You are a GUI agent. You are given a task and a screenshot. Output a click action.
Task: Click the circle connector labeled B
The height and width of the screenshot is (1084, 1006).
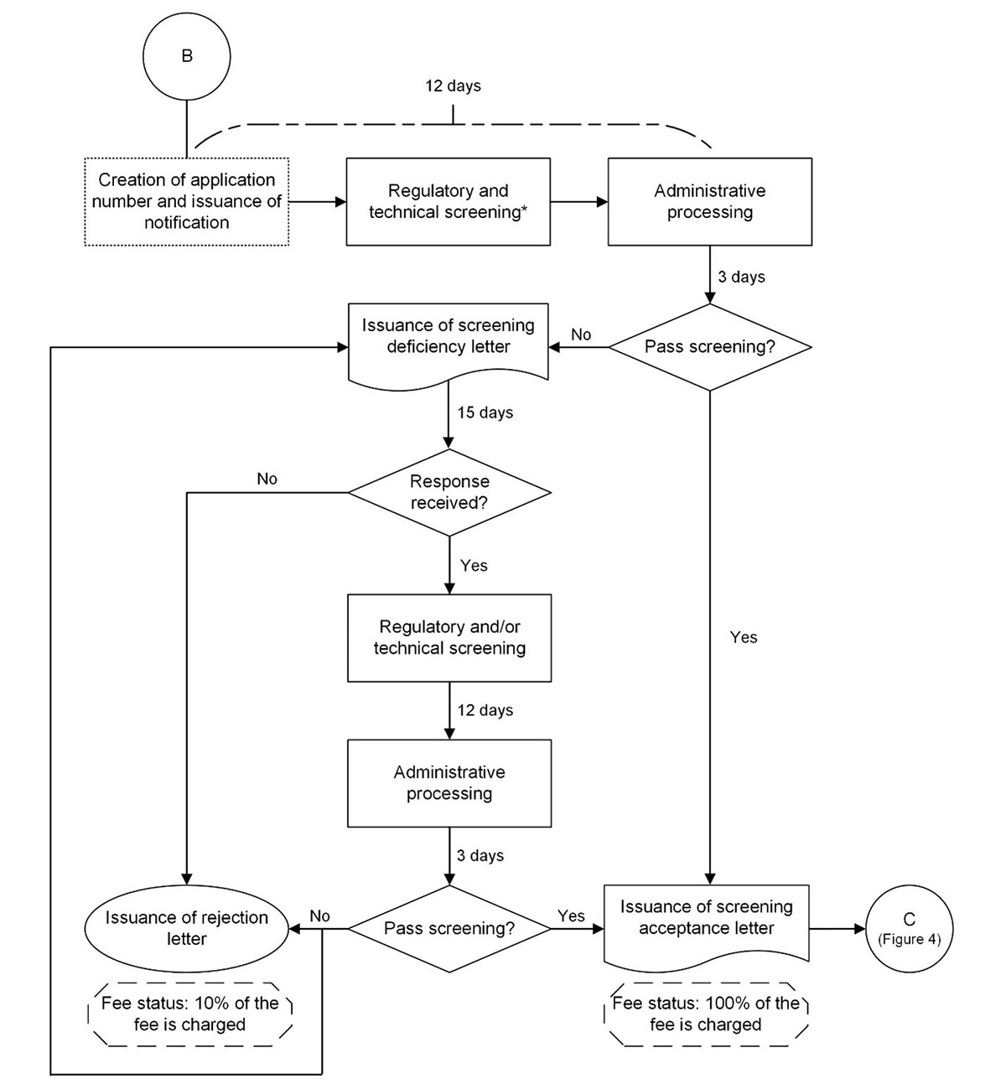click(186, 56)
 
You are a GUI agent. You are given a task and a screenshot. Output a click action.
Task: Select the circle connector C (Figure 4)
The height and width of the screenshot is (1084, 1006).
click(909, 929)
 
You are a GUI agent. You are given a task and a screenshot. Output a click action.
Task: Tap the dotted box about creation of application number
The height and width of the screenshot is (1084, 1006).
click(186, 201)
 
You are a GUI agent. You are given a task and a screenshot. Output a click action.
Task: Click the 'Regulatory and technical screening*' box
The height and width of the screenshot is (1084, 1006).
click(448, 201)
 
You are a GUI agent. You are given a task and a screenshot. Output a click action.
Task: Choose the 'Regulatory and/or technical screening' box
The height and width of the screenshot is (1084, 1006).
click(449, 637)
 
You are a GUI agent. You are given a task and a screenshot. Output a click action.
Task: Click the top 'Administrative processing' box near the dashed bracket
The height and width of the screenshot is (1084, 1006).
click(709, 201)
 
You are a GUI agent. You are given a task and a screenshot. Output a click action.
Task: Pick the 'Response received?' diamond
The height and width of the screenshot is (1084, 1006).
click(449, 492)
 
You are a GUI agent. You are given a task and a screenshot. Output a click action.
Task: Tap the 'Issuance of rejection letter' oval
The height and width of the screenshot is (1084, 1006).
click(186, 928)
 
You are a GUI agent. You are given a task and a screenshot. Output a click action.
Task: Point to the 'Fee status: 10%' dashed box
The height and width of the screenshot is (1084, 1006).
click(190, 1014)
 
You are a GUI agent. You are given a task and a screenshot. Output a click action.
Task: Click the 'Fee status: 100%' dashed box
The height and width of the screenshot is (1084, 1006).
click(706, 1014)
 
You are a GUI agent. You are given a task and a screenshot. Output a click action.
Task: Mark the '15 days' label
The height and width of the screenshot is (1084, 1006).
click(485, 412)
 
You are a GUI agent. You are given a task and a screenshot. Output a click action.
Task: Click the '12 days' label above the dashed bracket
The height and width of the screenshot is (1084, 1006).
click(453, 86)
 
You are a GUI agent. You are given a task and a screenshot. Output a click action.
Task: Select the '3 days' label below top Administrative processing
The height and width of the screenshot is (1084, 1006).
click(741, 277)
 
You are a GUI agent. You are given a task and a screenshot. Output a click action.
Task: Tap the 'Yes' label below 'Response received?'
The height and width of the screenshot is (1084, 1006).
click(474, 566)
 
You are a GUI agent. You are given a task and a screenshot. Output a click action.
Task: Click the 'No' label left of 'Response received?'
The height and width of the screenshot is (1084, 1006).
click(267, 479)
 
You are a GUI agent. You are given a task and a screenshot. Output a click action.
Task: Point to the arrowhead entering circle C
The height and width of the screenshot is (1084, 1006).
click(859, 929)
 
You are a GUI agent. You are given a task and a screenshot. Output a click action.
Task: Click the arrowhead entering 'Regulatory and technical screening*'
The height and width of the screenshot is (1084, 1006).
click(340, 201)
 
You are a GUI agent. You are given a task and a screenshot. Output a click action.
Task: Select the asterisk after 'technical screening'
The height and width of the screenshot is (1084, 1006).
click(525, 210)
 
